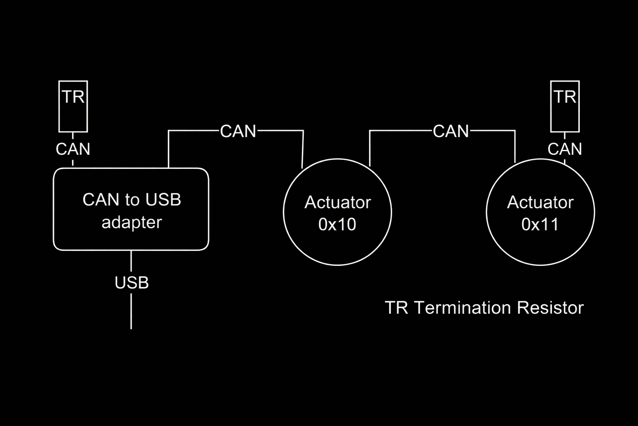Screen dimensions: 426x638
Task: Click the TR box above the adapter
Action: pyautogui.click(x=73, y=106)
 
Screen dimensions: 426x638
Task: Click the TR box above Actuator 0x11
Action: pyautogui.click(x=564, y=106)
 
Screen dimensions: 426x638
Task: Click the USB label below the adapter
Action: pyautogui.click(x=132, y=283)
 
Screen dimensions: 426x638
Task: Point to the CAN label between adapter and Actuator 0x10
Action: pyautogui.click(x=238, y=131)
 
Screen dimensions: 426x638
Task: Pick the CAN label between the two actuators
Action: pyautogui.click(x=451, y=131)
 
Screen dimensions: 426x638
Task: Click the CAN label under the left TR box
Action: pyautogui.click(x=73, y=149)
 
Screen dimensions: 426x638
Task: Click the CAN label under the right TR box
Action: pyautogui.click(x=564, y=149)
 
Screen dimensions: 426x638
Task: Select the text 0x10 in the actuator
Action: pyautogui.click(x=337, y=225)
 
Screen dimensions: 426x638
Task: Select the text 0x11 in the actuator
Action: pyautogui.click(x=540, y=225)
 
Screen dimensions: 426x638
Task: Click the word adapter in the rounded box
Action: pyautogui.click(x=132, y=223)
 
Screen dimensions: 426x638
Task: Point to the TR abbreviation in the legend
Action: pyautogui.click(x=397, y=308)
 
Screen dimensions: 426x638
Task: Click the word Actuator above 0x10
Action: pyautogui.click(x=337, y=203)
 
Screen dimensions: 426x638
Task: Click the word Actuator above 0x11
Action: pyautogui.click(x=540, y=203)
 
